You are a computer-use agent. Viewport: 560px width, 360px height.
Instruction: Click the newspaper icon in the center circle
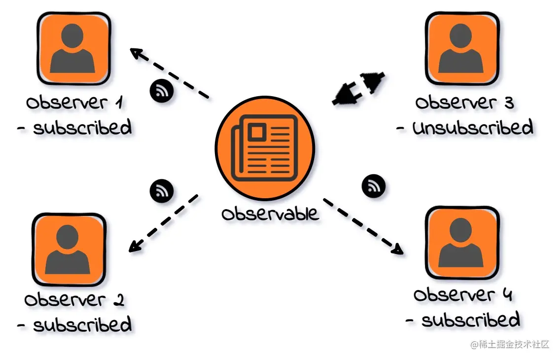pos(265,147)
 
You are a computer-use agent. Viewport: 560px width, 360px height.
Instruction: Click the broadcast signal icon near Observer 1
pos(161,91)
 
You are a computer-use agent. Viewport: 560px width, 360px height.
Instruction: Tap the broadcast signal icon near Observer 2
pos(161,190)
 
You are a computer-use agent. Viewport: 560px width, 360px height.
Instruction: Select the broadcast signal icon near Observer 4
pos(374,186)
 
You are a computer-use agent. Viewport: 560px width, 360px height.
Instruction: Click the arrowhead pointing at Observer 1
pos(137,53)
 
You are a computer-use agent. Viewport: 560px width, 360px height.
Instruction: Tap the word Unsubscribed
pos(472,128)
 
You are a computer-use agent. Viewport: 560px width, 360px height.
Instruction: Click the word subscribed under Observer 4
pos(470,320)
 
